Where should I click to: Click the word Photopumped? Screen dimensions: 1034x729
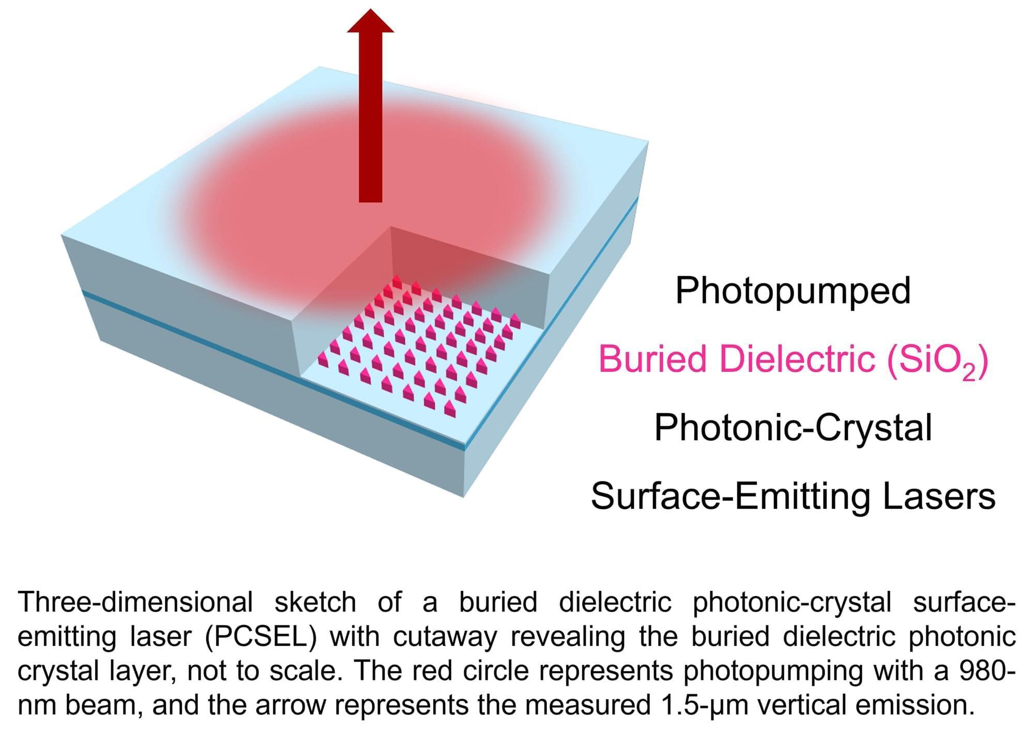click(x=793, y=291)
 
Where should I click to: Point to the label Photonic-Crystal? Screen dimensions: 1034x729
click(x=793, y=429)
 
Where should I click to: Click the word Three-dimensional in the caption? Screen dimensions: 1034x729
click(x=135, y=602)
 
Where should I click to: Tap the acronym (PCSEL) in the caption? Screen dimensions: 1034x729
click(x=261, y=637)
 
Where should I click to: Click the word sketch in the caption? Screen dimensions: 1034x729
click(x=315, y=602)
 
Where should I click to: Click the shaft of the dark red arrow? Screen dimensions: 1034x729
click(x=371, y=117)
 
